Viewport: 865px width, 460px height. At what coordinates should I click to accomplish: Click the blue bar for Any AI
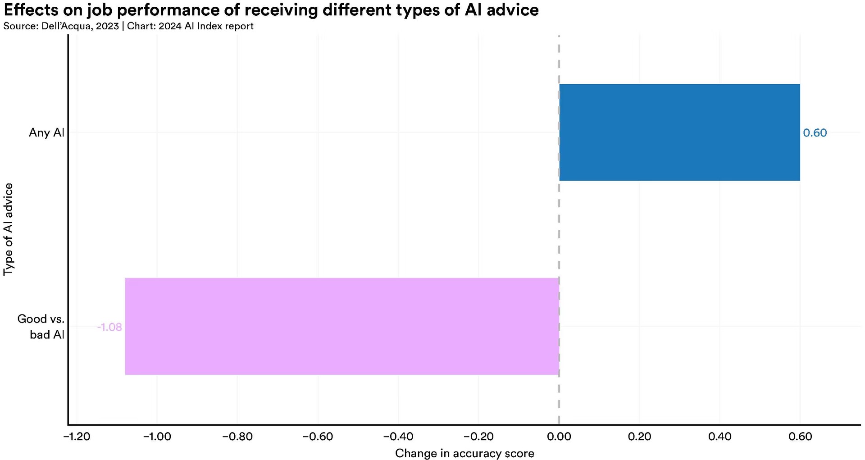[x=679, y=132]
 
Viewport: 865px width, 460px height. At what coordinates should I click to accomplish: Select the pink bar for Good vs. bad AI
[x=342, y=326]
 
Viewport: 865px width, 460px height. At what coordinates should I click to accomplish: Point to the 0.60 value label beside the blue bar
[x=815, y=133]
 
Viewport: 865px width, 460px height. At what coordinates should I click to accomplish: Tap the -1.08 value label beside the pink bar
[x=109, y=327]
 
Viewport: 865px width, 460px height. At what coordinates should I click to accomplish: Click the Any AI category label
[x=47, y=132]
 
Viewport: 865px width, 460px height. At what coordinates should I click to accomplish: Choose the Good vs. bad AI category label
[x=41, y=327]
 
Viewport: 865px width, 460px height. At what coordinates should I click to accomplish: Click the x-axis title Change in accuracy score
[x=464, y=453]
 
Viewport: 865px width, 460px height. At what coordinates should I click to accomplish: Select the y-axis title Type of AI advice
[x=8, y=229]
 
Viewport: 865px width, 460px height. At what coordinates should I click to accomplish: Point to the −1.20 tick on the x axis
[x=77, y=437]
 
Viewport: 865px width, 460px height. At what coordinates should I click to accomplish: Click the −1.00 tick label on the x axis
[x=157, y=437]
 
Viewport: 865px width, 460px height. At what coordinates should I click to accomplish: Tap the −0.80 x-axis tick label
[x=237, y=437]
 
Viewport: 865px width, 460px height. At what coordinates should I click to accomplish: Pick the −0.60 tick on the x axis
[x=318, y=437]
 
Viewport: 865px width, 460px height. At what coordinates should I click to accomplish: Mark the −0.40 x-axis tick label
[x=398, y=437]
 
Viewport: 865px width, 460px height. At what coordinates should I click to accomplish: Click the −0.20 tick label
[x=478, y=437]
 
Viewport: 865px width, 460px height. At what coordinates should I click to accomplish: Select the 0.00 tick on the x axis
[x=559, y=437]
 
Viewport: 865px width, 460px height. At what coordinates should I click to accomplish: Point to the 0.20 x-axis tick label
[x=639, y=437]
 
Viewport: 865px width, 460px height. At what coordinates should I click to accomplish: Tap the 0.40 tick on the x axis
[x=720, y=437]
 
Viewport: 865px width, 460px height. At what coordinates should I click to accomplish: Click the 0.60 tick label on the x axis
[x=800, y=437]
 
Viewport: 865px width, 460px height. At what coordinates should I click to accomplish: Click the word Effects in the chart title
[x=33, y=9]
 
